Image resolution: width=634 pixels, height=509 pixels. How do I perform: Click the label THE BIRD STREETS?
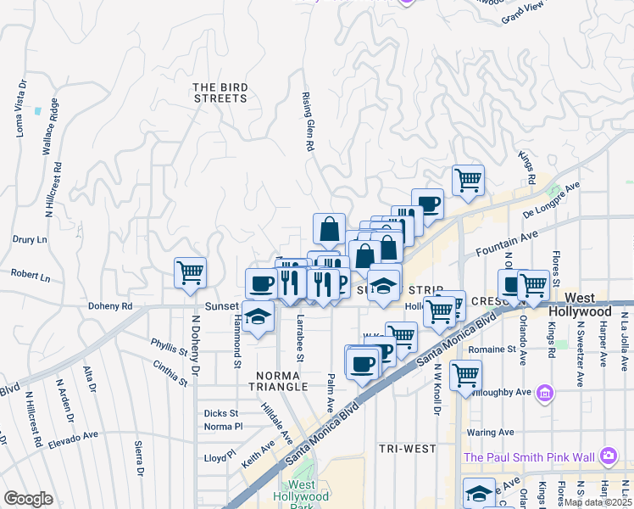coord(220,92)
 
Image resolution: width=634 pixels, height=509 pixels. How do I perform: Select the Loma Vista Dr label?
coord(20,109)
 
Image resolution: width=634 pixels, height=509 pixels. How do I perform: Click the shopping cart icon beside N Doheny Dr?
coord(190,273)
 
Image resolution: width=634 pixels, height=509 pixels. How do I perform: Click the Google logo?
coord(28,499)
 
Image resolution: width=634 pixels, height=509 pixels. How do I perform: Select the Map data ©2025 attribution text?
coord(598,501)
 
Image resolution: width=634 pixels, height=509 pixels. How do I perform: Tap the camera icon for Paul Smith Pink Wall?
coord(609,457)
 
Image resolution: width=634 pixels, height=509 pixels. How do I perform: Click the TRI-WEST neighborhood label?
coord(408,448)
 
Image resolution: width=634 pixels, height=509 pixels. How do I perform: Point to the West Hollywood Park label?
coord(301,501)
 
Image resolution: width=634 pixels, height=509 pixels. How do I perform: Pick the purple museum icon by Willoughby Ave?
coord(545,394)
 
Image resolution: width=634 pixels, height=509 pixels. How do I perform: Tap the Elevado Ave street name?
coord(73,438)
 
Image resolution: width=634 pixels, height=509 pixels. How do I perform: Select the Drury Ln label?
coord(30,239)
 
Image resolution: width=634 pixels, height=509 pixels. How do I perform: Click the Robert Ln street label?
coord(30,277)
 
